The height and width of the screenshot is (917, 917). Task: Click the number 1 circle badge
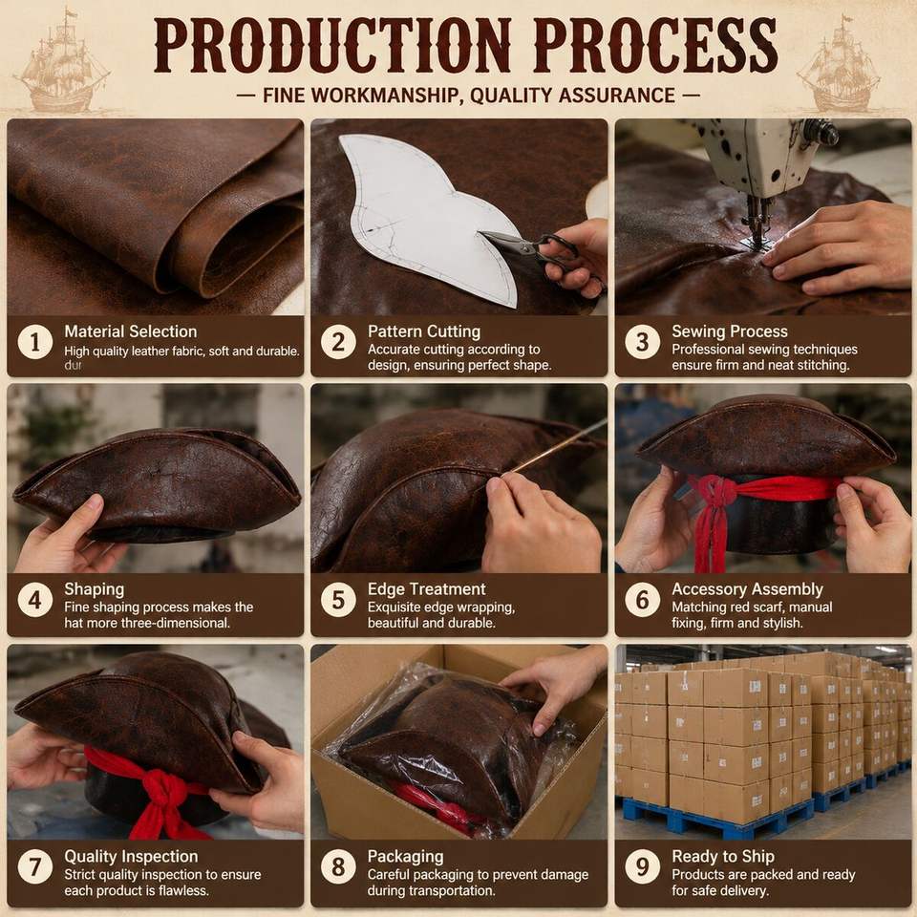click(35, 342)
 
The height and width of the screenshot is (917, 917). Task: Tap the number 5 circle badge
click(338, 600)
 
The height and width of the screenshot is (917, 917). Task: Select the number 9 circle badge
click(643, 866)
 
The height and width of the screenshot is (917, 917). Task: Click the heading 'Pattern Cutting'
click(424, 331)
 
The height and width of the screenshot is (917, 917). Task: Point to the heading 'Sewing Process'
click(729, 331)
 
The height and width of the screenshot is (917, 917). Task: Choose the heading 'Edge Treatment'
click(426, 589)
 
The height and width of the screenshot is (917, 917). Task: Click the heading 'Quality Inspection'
click(131, 857)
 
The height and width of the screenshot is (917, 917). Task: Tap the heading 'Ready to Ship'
click(723, 857)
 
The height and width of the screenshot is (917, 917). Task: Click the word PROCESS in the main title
click(655, 46)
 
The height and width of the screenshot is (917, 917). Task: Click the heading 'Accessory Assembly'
click(747, 589)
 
